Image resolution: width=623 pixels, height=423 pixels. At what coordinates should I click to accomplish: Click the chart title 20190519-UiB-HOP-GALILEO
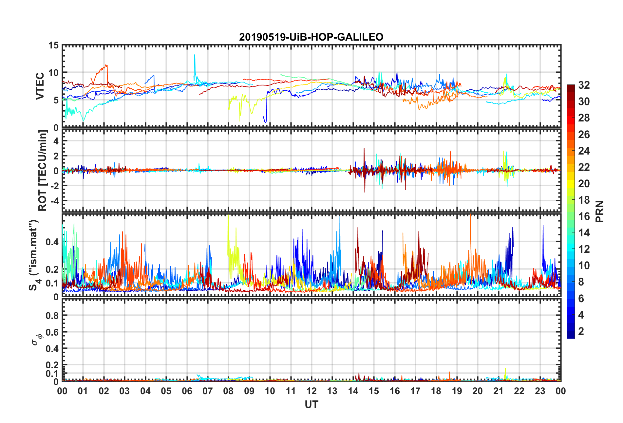coord(311,37)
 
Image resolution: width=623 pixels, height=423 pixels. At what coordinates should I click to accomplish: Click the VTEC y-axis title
coord(40,86)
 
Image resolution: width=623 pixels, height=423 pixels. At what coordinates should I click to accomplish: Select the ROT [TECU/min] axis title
coord(43,171)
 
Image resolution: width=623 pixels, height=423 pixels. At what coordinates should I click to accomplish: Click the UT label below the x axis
coord(311,405)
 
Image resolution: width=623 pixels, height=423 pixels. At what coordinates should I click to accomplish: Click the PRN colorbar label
coord(599,211)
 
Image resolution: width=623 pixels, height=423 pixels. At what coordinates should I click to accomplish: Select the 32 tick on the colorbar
coord(584,85)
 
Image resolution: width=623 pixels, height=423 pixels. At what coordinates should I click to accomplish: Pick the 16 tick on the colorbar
coord(584,216)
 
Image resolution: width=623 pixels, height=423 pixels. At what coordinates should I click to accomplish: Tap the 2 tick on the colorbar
coord(581,331)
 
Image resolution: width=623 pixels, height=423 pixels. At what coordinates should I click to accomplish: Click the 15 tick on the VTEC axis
coord(53,46)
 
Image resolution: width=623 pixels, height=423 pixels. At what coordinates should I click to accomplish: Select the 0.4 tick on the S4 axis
coord(52,242)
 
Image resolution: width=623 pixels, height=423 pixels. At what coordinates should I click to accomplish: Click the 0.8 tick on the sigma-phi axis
coord(52,316)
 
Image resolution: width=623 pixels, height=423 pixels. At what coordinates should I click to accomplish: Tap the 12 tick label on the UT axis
coord(311,391)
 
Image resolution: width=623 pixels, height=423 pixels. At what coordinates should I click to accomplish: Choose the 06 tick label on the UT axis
coord(187,391)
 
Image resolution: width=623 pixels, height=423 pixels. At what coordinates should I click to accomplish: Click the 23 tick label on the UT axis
coord(540,391)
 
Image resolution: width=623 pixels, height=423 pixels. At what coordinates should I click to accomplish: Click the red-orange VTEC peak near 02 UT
coord(106,65)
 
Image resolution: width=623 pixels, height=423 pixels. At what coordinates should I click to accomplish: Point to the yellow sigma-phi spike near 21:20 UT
coord(505,369)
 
